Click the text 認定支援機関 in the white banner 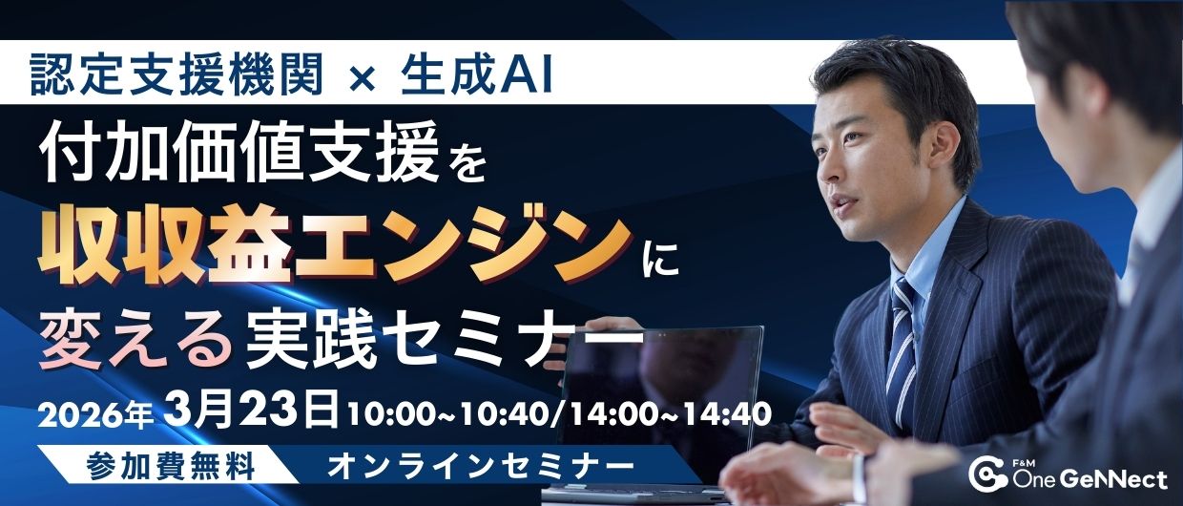tap(176, 74)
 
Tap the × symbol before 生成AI tap(362, 77)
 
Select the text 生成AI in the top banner tap(476, 74)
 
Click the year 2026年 tap(95, 416)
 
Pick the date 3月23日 tap(252, 410)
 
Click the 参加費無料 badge tap(171, 466)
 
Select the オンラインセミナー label tap(480, 466)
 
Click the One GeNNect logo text tap(1090, 479)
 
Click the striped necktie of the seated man tap(902, 338)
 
